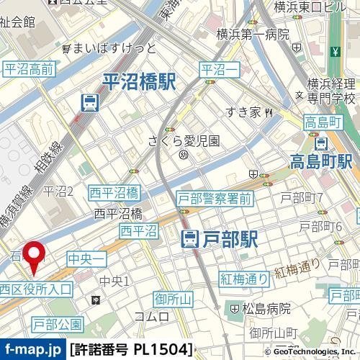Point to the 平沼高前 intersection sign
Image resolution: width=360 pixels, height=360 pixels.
click(x=29, y=69)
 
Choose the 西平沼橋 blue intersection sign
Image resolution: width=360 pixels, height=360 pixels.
click(x=114, y=192)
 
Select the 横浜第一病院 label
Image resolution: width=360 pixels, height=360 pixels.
click(x=255, y=34)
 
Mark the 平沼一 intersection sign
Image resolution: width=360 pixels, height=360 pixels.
click(x=219, y=69)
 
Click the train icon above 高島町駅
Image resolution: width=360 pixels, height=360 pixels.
click(x=323, y=142)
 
